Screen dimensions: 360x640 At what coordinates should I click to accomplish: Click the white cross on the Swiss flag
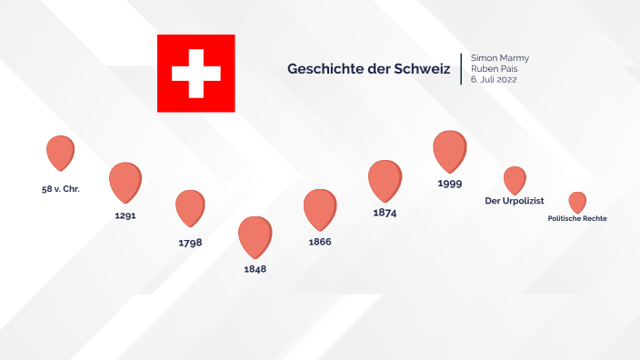[x=195, y=74]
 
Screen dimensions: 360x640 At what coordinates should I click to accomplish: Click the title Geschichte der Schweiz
[x=368, y=69]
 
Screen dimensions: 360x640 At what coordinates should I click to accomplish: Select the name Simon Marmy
[x=499, y=58]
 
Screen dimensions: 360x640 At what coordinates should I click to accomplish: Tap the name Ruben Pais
[x=495, y=69]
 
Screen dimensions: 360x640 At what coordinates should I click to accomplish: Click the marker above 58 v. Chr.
[x=60, y=151]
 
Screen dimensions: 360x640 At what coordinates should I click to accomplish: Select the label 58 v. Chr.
[x=61, y=188]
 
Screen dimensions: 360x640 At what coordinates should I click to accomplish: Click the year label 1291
[x=125, y=216]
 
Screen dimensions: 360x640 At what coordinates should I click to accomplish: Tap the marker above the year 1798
[x=190, y=206]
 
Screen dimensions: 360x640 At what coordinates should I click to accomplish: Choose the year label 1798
[x=190, y=243]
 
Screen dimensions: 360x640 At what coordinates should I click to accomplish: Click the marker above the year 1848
[x=255, y=235]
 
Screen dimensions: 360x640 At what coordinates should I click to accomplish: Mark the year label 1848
[x=255, y=270]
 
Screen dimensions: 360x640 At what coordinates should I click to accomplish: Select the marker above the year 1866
[x=319, y=207]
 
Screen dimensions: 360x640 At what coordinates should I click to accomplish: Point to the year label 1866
[x=320, y=242]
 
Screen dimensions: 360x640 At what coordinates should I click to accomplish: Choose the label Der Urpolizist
[x=515, y=201]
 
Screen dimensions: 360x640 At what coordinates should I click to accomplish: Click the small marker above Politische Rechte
[x=577, y=201]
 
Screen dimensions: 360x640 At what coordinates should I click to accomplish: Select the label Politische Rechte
[x=577, y=219]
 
